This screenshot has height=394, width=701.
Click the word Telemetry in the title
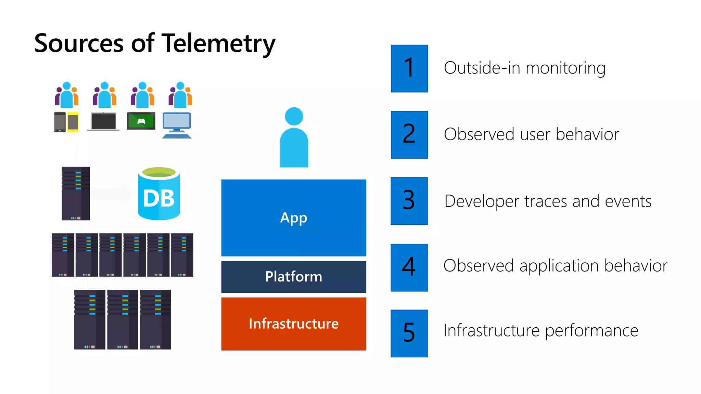click(218, 44)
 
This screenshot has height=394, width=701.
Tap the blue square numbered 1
click(409, 68)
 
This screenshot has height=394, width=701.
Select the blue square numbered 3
click(409, 201)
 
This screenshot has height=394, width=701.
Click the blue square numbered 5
click(409, 333)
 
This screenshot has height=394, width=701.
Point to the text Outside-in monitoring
click(524, 68)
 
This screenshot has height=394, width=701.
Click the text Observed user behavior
click(531, 134)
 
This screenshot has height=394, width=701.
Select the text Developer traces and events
click(548, 201)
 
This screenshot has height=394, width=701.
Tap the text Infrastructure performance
click(541, 330)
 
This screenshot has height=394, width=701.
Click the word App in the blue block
click(293, 218)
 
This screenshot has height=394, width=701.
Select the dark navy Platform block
click(293, 276)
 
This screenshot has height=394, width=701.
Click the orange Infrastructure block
click(293, 324)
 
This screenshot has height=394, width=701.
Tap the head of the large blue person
click(294, 116)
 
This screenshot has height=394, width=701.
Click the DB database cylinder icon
click(159, 194)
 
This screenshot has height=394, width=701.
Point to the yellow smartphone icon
click(73, 122)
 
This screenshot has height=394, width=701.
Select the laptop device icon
click(103, 121)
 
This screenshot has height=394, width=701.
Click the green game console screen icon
click(141, 121)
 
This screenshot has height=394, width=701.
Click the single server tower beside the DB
click(76, 193)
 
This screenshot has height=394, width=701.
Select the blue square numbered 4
click(409, 267)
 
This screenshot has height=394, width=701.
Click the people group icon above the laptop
click(104, 95)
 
